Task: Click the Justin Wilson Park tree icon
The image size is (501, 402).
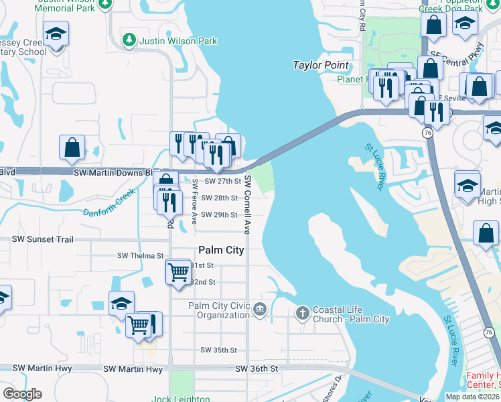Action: [x=130, y=41]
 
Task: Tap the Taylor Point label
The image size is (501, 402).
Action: [x=321, y=65]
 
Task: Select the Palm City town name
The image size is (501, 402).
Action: [x=220, y=250]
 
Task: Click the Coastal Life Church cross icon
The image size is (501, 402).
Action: [x=302, y=312]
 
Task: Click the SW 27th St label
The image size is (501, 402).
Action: [x=222, y=181]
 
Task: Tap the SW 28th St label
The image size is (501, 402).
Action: [x=220, y=198]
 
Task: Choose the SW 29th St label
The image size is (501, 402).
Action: [x=220, y=214]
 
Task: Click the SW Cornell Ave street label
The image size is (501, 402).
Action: [x=248, y=204]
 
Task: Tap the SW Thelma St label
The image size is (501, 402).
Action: [x=141, y=256]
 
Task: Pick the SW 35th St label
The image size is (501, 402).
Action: [x=219, y=350]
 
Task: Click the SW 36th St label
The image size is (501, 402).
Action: [x=256, y=368]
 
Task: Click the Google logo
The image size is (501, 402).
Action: [x=22, y=394]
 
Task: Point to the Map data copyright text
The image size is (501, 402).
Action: [x=472, y=397]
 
